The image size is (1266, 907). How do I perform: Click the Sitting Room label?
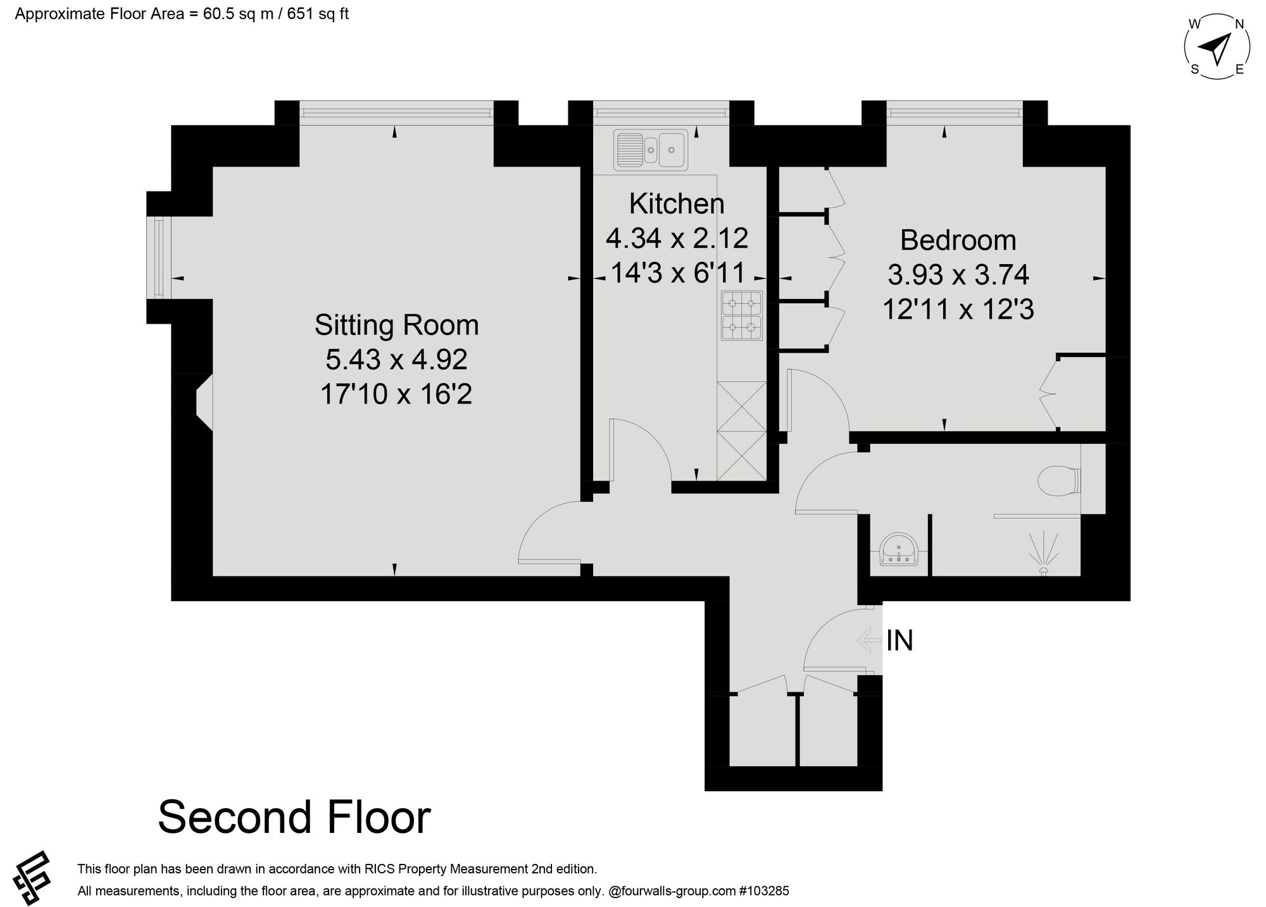(396, 326)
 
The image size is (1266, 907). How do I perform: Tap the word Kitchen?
(677, 204)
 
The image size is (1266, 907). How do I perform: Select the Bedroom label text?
(958, 241)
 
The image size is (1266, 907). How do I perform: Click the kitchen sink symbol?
(650, 149)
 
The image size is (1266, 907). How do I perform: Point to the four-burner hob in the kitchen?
(742, 316)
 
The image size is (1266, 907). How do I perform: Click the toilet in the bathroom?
(1060, 481)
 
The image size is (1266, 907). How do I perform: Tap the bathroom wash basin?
(899, 550)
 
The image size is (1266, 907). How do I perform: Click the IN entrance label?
(899, 641)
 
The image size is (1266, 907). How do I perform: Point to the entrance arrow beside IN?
(869, 640)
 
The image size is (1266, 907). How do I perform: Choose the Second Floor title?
(294, 818)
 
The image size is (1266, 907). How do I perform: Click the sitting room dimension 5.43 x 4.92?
(396, 360)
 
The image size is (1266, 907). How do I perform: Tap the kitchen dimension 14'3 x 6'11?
(677, 273)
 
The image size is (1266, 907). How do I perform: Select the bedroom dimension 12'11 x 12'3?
(958, 310)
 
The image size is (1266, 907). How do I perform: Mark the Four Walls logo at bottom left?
(35, 877)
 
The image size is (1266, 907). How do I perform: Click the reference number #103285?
(764, 891)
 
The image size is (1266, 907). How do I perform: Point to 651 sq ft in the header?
(318, 14)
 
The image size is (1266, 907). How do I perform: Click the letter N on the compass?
(1239, 24)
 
